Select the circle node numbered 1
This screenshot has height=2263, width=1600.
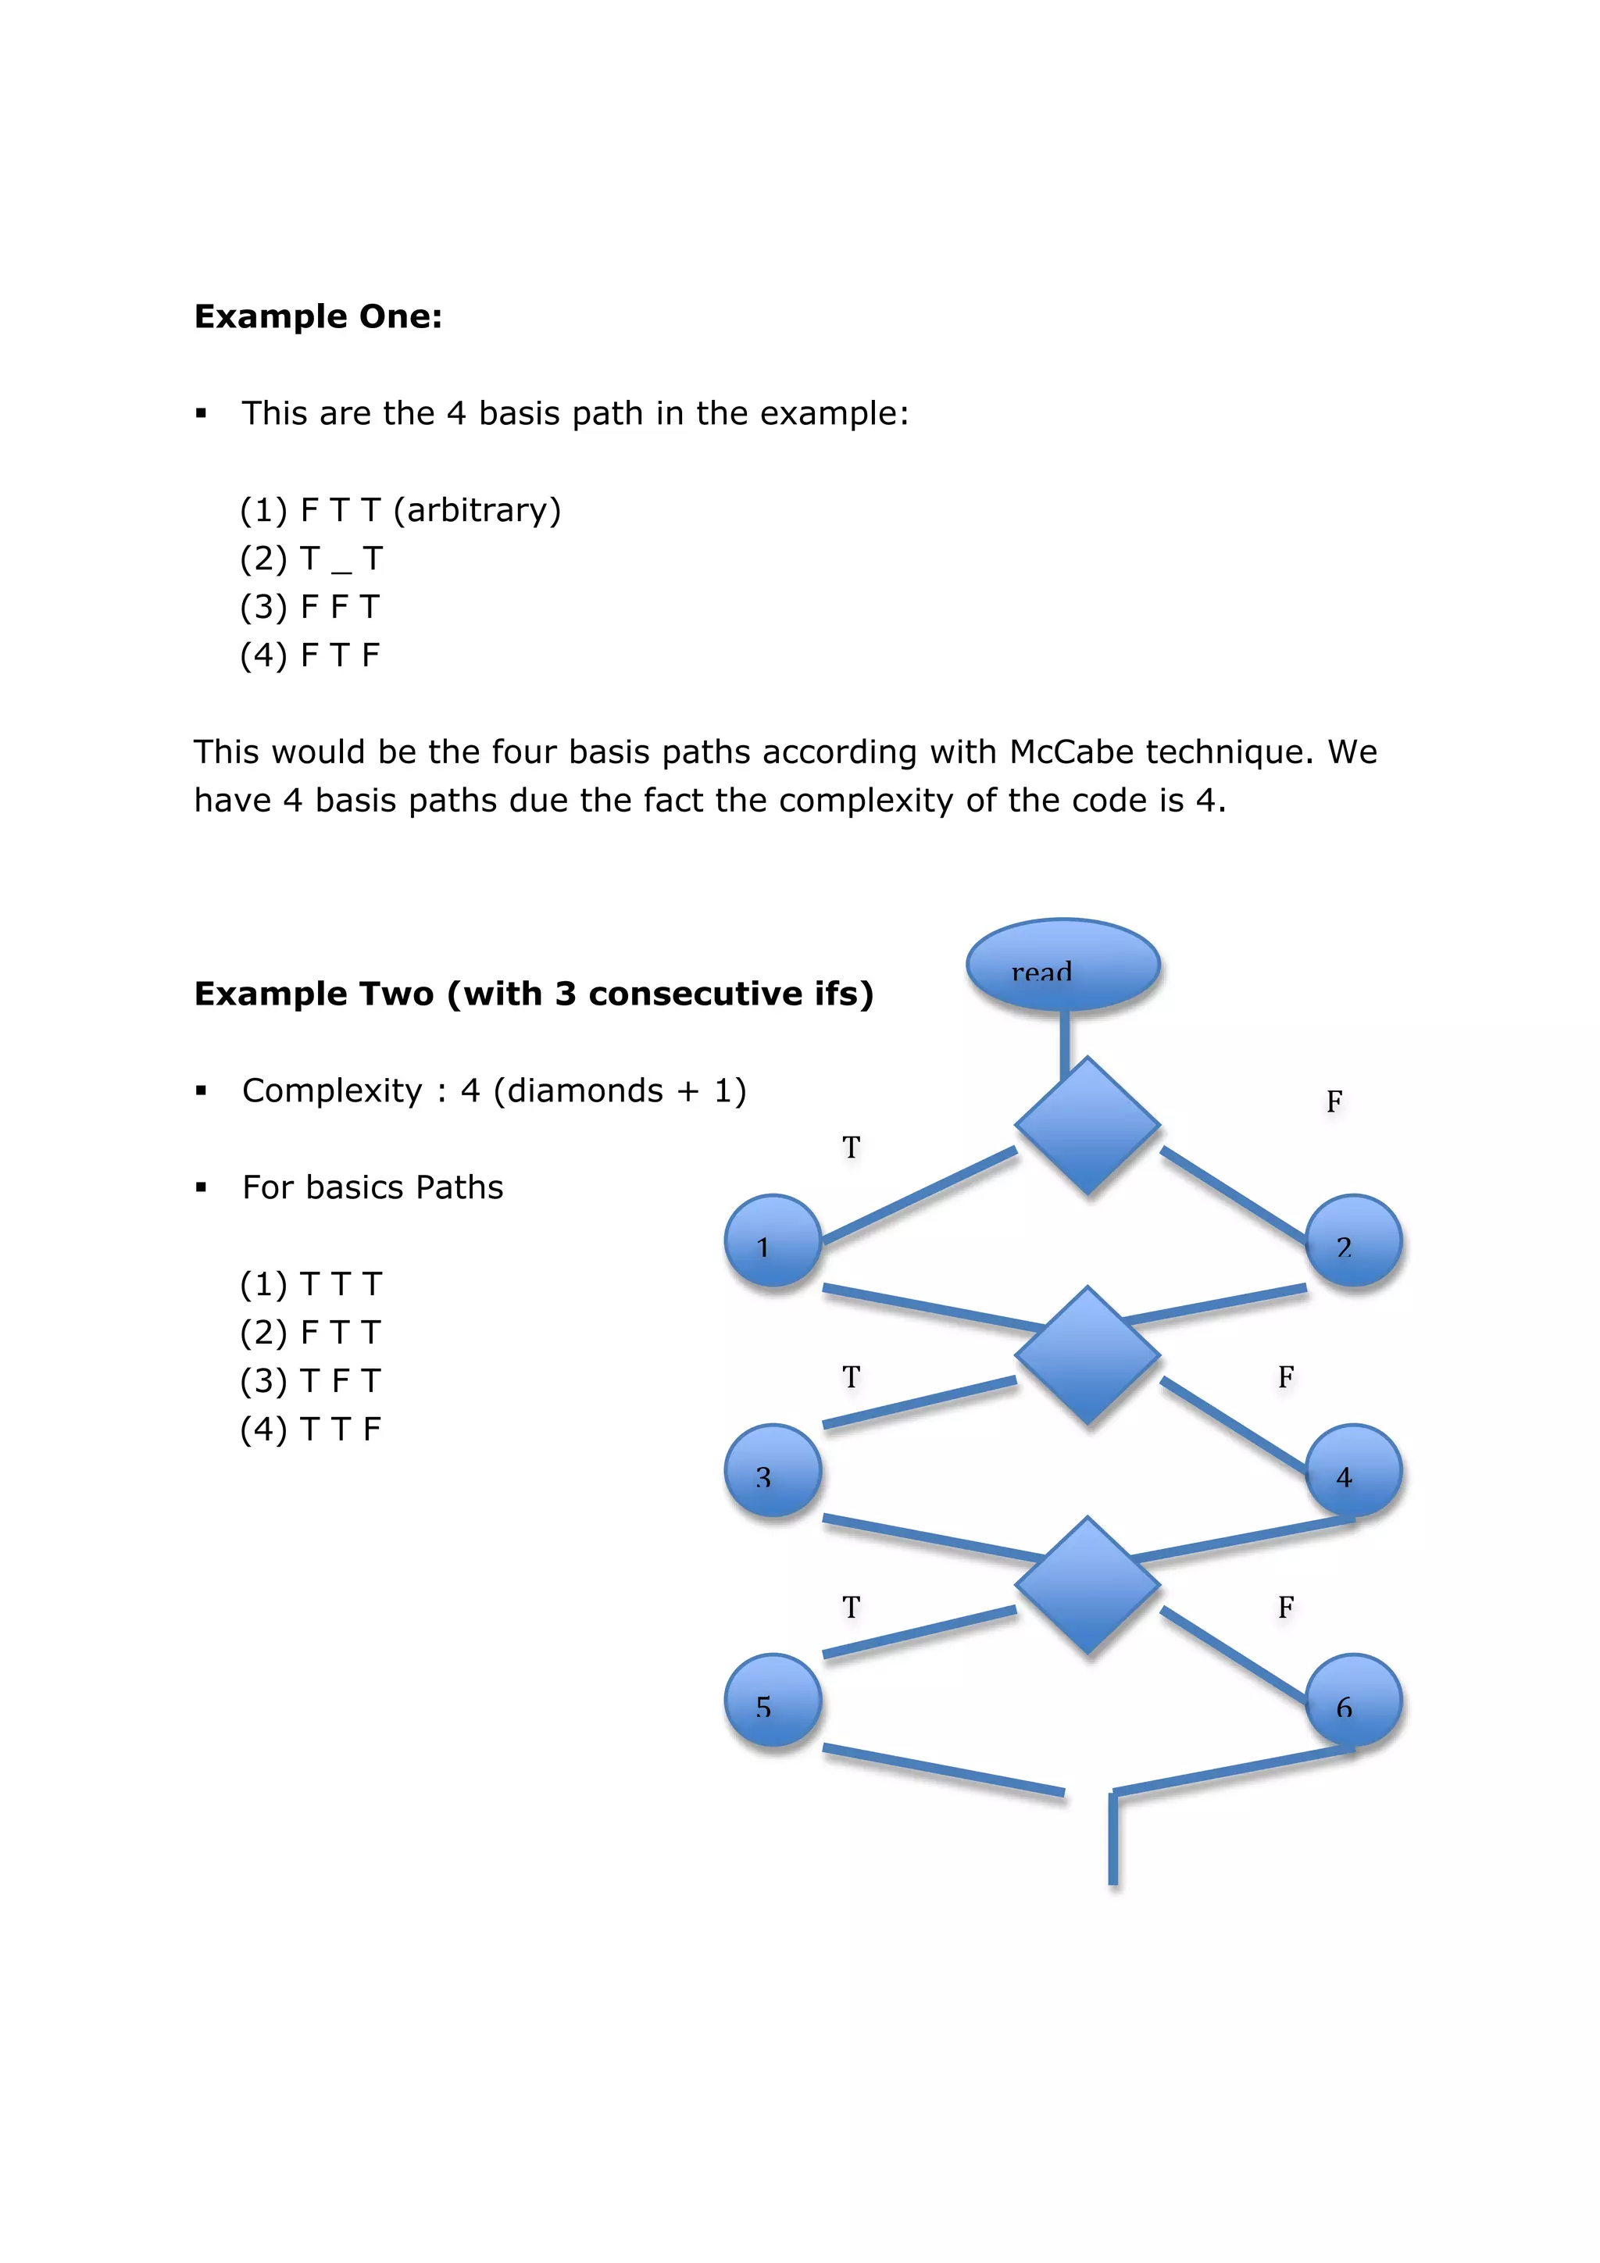click(773, 1242)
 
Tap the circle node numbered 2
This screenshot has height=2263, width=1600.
click(1352, 1242)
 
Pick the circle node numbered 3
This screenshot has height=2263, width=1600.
click(773, 1472)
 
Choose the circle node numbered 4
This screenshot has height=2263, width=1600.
click(1352, 1472)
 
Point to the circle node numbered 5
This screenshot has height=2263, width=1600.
click(773, 1701)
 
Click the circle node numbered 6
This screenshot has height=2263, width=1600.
click(1352, 1701)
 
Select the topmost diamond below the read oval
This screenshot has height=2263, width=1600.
click(1087, 1126)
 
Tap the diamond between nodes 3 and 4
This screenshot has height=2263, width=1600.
click(1087, 1355)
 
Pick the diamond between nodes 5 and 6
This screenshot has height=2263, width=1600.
click(1087, 1585)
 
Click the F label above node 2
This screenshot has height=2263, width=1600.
click(1334, 1101)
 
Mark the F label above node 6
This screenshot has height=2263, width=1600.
click(1285, 1608)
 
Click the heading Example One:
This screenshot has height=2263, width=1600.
click(317, 316)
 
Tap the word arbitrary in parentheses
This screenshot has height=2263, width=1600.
click(476, 509)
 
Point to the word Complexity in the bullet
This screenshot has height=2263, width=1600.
click(331, 1090)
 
